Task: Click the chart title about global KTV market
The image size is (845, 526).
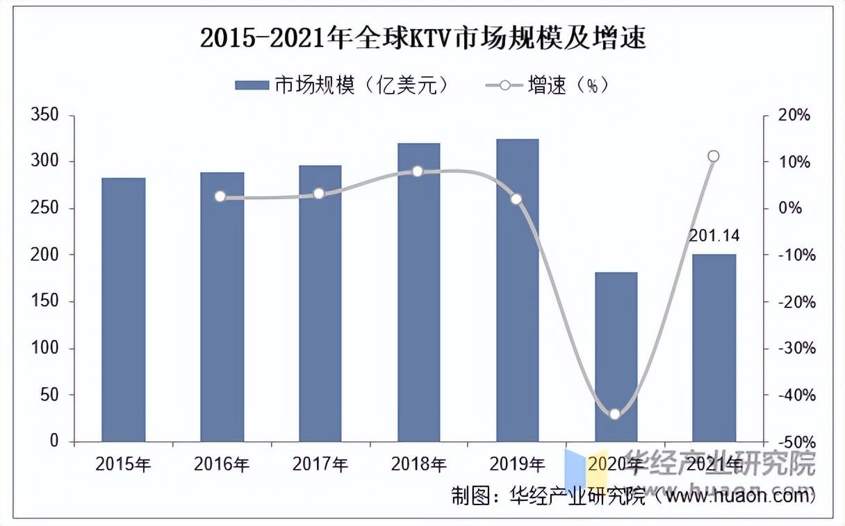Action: [422, 38]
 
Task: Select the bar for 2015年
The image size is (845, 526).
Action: [123, 309]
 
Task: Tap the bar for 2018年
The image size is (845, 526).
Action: [419, 292]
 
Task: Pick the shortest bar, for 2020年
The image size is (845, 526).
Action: [616, 357]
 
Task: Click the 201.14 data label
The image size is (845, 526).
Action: [714, 236]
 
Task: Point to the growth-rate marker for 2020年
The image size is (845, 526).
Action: [614, 414]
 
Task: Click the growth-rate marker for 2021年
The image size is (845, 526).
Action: [713, 156]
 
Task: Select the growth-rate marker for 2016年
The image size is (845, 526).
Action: [220, 196]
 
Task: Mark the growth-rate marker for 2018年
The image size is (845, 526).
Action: [418, 171]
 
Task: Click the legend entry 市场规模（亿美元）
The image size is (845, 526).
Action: [344, 85]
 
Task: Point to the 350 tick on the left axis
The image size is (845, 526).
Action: [47, 115]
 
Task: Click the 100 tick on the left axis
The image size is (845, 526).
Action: [47, 348]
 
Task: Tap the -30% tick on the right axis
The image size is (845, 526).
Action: [793, 348]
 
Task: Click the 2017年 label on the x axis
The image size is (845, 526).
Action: [320, 464]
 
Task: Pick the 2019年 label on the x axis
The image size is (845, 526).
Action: [517, 464]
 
